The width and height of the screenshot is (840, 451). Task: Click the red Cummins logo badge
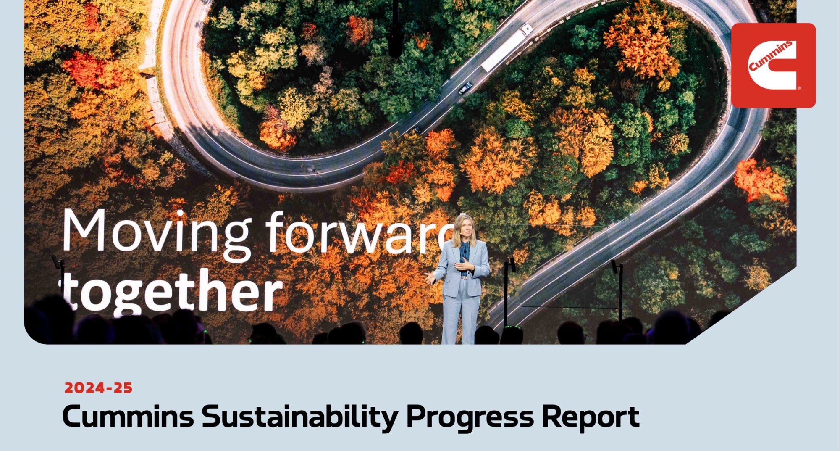(x=773, y=65)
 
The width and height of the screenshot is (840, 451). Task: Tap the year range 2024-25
(x=98, y=388)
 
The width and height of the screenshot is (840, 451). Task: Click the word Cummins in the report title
(x=128, y=417)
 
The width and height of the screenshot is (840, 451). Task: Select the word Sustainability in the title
(x=299, y=417)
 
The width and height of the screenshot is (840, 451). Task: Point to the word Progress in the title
(x=470, y=417)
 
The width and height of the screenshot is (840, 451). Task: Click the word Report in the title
(x=590, y=417)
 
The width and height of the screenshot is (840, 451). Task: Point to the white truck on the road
(x=507, y=47)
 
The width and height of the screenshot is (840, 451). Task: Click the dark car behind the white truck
(x=465, y=87)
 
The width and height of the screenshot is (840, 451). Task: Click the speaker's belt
(x=464, y=277)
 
